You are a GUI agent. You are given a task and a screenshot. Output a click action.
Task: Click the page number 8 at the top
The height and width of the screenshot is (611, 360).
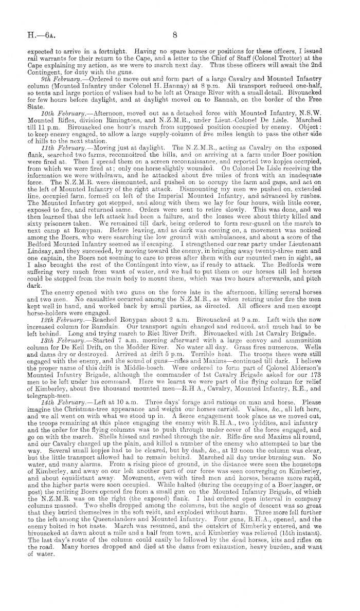click(175, 35)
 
